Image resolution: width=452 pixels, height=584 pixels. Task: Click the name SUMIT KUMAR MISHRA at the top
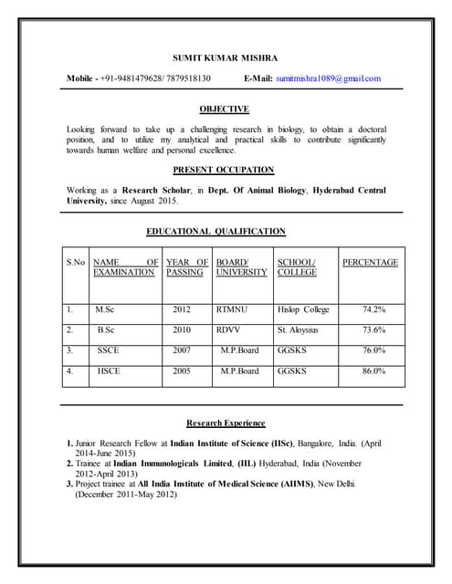(226, 57)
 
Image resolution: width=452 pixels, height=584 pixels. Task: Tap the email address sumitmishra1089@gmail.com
(328, 78)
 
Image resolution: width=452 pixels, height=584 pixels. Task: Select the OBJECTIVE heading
(225, 109)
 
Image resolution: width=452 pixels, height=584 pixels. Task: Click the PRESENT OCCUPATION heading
(224, 170)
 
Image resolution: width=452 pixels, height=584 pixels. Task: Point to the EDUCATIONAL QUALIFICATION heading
(216, 232)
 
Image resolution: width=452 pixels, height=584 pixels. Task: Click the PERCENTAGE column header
(370, 263)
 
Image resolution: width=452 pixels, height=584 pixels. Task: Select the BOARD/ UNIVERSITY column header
(241, 267)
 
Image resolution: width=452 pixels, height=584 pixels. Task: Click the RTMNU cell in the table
(232, 309)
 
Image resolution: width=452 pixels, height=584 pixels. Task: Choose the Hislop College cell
(303, 309)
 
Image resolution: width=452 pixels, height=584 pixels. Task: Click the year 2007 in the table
(182, 350)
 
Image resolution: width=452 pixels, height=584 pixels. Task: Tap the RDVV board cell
(228, 329)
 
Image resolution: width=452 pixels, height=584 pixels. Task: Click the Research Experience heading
(226, 423)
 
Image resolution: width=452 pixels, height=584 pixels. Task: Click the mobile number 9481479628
(144, 78)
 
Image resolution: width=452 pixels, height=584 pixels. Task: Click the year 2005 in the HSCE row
(182, 371)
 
